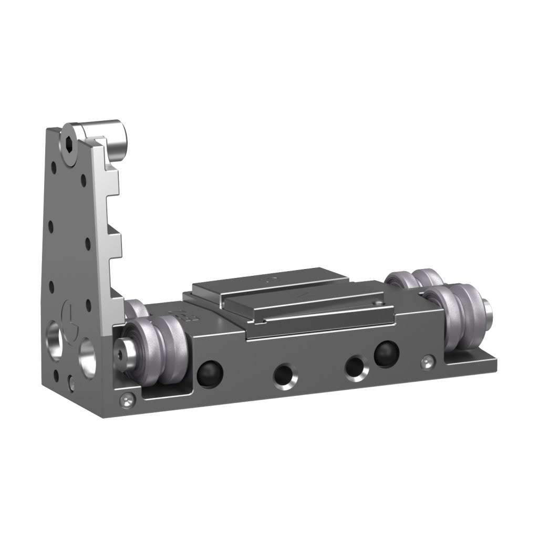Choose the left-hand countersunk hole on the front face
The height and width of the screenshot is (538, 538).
[x=284, y=374]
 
